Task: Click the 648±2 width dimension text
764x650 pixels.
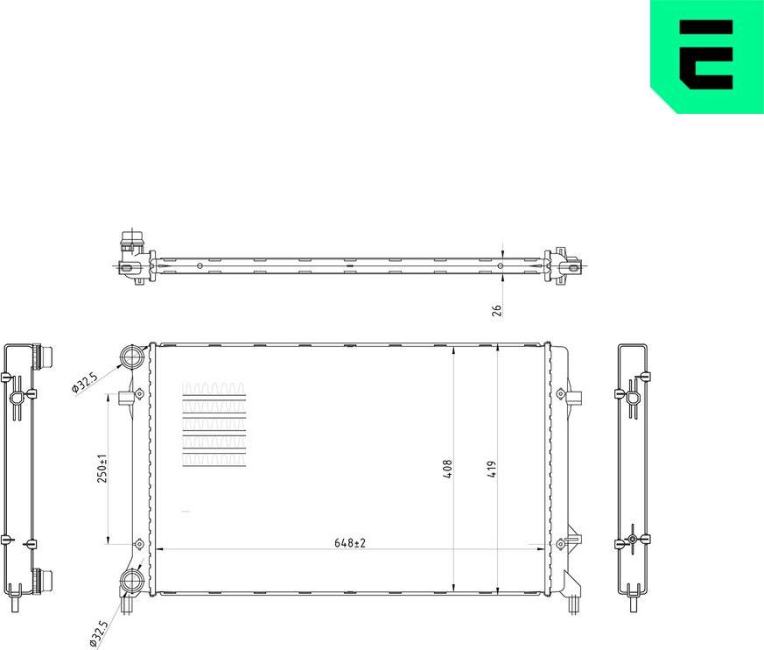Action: pos(348,543)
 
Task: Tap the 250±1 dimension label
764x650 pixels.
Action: pos(102,468)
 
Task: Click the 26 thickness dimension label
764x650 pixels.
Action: pos(496,310)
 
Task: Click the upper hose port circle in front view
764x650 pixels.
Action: pos(132,357)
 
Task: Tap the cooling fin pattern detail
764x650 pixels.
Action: pos(214,425)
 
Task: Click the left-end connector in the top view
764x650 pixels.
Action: pos(132,256)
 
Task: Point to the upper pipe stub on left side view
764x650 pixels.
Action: pos(44,357)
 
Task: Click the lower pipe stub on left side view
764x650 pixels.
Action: pos(44,580)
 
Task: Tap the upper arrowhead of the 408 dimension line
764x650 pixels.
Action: pos(453,350)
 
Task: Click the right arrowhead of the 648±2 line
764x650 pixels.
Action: pos(540,550)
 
